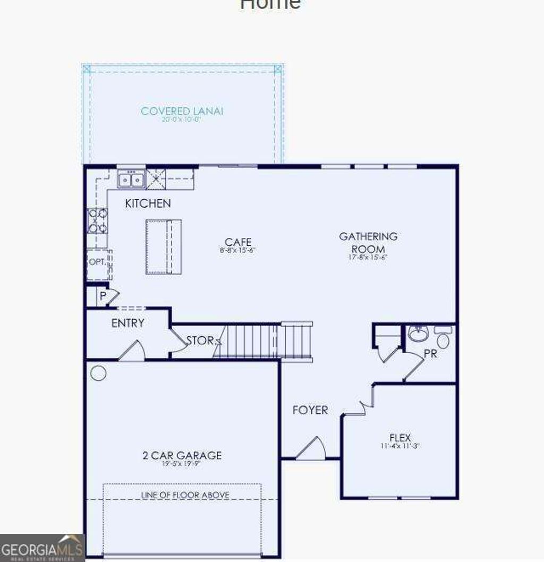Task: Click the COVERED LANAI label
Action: [182, 111]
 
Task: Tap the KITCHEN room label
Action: [148, 203]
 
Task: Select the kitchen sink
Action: [131, 180]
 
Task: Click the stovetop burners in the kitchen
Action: [97, 221]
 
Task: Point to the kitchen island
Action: [164, 246]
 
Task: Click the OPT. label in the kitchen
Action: [97, 262]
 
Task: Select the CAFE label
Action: [237, 243]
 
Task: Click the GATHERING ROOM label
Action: [368, 242]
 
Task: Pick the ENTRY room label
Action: [127, 323]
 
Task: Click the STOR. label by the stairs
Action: [200, 340]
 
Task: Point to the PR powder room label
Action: [430, 354]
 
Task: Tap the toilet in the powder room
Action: [443, 337]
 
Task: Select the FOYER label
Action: [310, 410]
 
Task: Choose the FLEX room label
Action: [400, 438]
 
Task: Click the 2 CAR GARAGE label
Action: [182, 455]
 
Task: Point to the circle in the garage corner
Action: [98, 373]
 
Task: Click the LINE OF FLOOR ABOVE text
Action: [185, 495]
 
